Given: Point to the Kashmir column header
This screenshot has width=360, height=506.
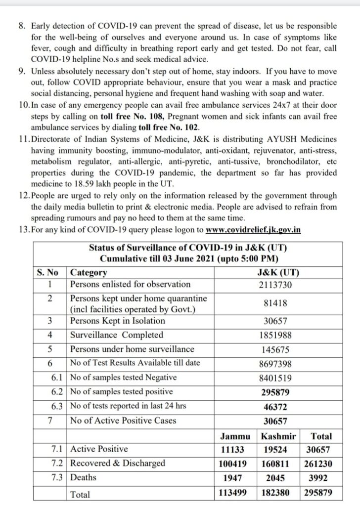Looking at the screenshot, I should (278, 436).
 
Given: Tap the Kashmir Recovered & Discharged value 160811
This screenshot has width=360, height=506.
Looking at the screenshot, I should (278, 464).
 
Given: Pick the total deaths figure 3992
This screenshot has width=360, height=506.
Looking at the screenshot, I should (321, 478).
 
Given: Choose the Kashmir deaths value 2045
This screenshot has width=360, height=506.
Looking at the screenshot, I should (278, 478).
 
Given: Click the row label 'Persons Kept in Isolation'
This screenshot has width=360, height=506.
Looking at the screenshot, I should (118, 321).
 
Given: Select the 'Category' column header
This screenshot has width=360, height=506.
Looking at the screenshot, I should (89, 272).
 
